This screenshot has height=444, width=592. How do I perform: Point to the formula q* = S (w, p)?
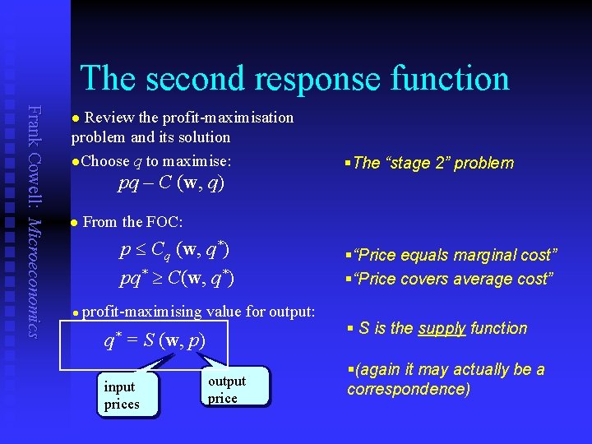(x=154, y=339)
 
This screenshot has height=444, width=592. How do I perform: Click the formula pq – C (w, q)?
(x=171, y=182)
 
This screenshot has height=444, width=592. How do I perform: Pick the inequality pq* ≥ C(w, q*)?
(x=177, y=278)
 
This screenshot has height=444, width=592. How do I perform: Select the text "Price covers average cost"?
(x=452, y=279)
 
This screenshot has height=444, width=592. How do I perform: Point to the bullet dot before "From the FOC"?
(x=74, y=222)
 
